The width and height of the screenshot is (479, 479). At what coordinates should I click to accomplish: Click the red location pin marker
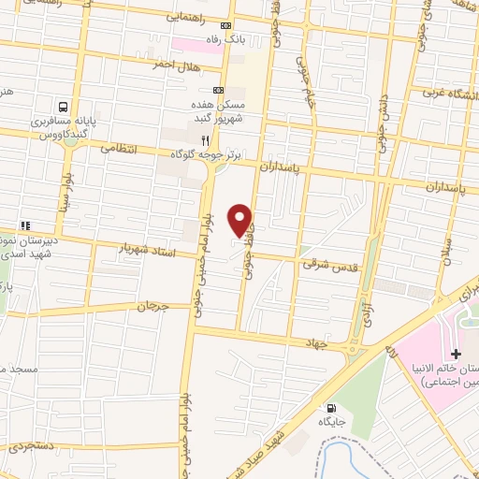click(240, 219)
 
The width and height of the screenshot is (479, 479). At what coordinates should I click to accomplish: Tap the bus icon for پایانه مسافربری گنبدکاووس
click(63, 107)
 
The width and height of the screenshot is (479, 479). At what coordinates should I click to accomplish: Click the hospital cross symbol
click(456, 354)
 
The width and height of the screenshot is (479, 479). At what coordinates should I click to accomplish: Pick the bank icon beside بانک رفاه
click(225, 26)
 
